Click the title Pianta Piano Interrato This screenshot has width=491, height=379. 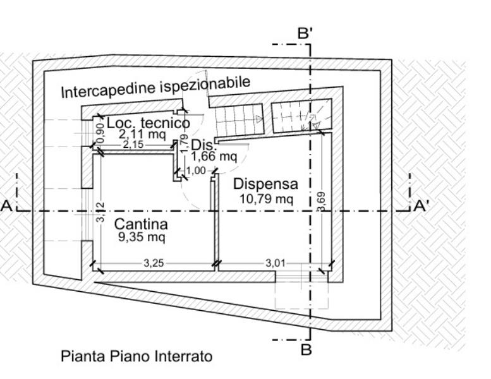[136, 356]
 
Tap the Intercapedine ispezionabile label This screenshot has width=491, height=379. [155, 87]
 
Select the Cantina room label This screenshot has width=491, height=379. [141, 224]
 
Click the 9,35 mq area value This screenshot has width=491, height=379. [140, 238]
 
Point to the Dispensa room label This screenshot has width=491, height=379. [265, 184]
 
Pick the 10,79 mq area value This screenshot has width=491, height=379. [265, 198]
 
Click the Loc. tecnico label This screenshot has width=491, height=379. [148, 123]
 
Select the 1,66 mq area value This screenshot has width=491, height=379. [214, 155]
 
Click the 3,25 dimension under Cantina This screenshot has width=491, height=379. [154, 263]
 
